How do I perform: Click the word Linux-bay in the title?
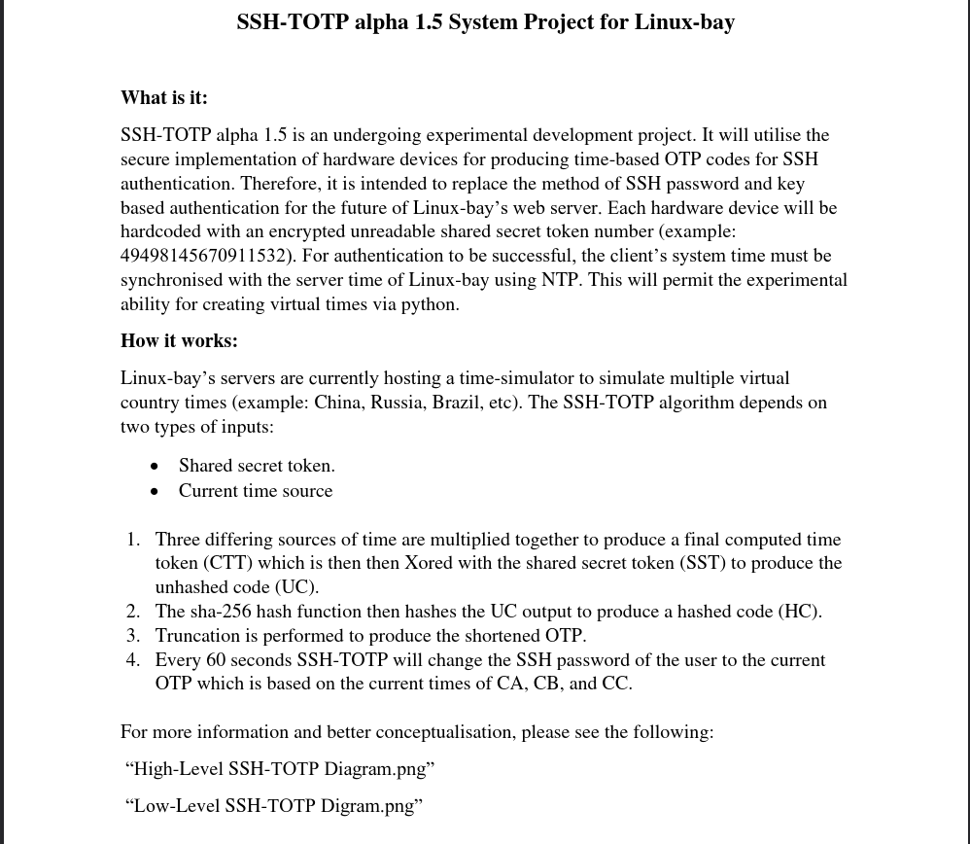pyautogui.click(x=684, y=22)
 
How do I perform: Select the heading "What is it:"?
pyautogui.click(x=164, y=97)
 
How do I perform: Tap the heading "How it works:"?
pyautogui.click(x=179, y=340)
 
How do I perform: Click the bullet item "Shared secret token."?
pyautogui.click(x=257, y=466)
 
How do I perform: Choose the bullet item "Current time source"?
pyautogui.click(x=256, y=491)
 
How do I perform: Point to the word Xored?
pyautogui.click(x=428, y=563)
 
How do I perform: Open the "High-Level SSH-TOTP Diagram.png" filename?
pyautogui.click(x=280, y=769)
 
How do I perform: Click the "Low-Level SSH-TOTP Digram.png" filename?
pyautogui.click(x=274, y=806)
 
